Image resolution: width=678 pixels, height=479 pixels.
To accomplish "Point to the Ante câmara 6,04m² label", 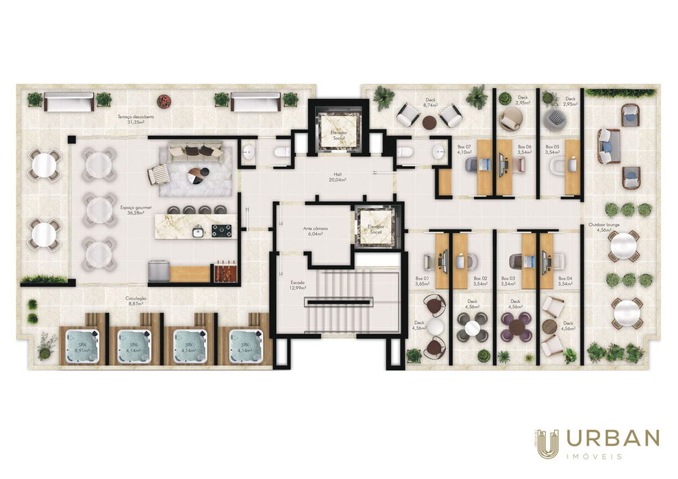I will pos(315,231).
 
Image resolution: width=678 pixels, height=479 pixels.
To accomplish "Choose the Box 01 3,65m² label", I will pos(422,280).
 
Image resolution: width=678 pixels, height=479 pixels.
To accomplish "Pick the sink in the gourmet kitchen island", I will pos(198,231).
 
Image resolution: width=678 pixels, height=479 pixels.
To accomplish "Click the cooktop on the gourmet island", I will pos(221,230).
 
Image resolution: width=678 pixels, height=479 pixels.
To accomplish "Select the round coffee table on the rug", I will pos(194,174).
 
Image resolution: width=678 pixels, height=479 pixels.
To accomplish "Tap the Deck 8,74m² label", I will pos(430,103).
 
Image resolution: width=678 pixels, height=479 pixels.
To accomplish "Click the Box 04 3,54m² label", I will pos(565,280).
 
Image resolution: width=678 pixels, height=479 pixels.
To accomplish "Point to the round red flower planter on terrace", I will pos(163,102).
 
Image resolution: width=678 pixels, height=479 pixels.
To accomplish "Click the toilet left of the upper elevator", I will pos(282,154).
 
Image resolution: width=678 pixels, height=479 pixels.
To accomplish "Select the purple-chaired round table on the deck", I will pos(517,327).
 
